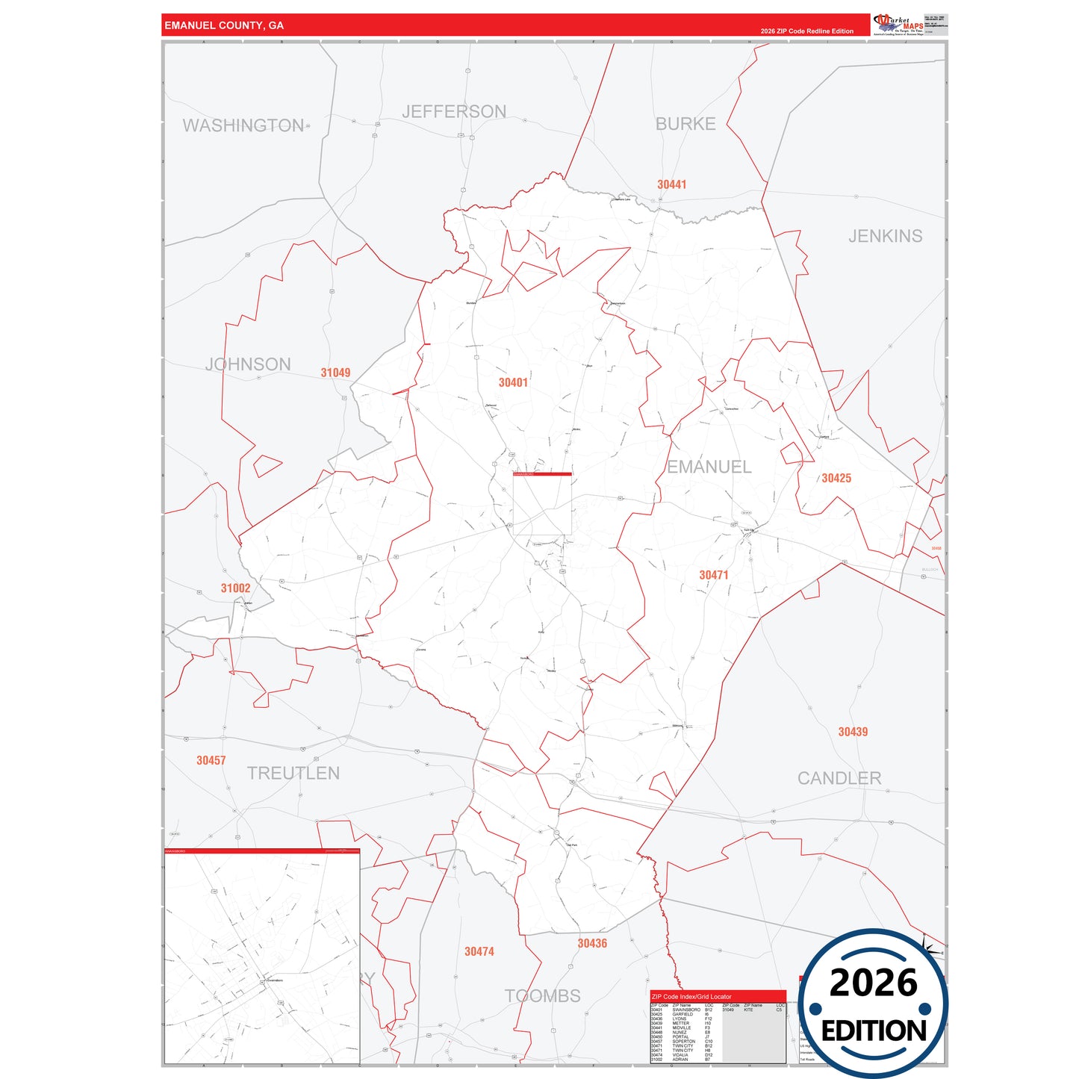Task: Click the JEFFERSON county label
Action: tap(454, 112)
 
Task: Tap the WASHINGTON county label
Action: tap(243, 125)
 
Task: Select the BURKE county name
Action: tap(685, 124)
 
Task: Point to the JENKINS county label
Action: tap(885, 236)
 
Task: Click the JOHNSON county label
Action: tap(248, 364)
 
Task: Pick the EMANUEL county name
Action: tap(709, 467)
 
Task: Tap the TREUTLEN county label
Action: tap(293, 773)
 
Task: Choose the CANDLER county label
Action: tap(839, 778)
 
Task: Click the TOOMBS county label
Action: tap(542, 995)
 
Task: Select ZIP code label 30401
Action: tap(513, 382)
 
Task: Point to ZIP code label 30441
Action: tap(671, 184)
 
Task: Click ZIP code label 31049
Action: tap(335, 373)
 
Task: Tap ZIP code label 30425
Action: tap(836, 478)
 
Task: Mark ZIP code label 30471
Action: tap(713, 575)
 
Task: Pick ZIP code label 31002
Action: tap(235, 588)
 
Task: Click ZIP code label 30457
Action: tap(211, 760)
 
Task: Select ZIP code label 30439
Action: tap(853, 732)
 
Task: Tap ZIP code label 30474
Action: tap(479, 951)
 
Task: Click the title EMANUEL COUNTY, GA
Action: tap(224, 25)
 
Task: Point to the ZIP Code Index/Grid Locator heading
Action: tap(691, 996)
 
